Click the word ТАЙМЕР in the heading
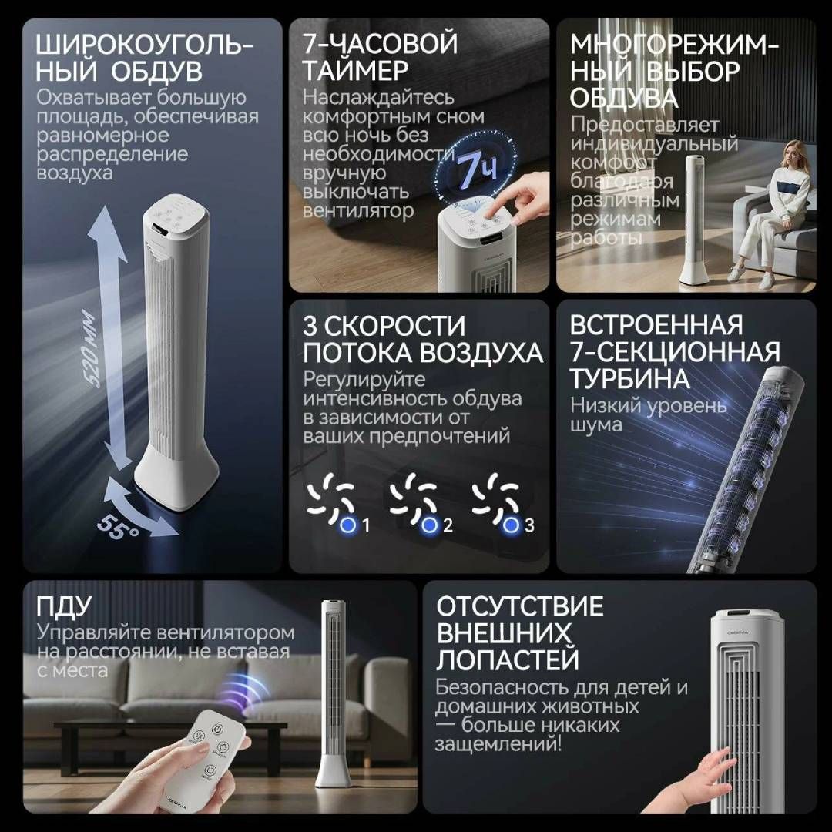(x=355, y=71)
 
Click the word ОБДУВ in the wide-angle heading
(x=157, y=71)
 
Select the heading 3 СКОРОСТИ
(x=384, y=325)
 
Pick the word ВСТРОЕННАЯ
(x=656, y=325)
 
